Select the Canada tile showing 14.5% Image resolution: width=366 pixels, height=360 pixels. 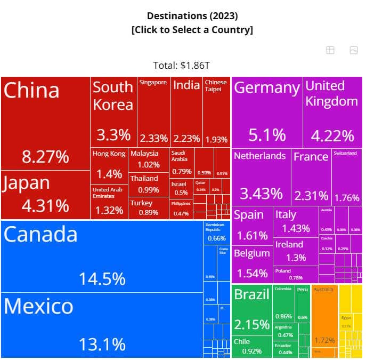tap(101, 256)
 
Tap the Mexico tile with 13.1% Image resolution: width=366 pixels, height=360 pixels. tap(101, 325)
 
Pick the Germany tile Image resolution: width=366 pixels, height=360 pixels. tap(267, 113)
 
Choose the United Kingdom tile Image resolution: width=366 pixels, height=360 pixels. tap(332, 113)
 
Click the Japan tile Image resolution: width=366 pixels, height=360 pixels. tap(45, 195)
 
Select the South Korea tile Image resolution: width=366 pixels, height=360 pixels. tap(113, 113)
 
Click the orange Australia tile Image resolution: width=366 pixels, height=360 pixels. tap(324, 320)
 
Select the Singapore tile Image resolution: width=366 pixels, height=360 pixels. tap(153, 113)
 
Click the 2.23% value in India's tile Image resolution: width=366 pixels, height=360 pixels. tap(186, 139)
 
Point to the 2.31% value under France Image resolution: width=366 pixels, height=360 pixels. tap(312, 196)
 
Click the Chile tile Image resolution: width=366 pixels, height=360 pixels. tap(252, 347)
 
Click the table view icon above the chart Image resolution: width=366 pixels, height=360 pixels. tap(330, 50)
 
